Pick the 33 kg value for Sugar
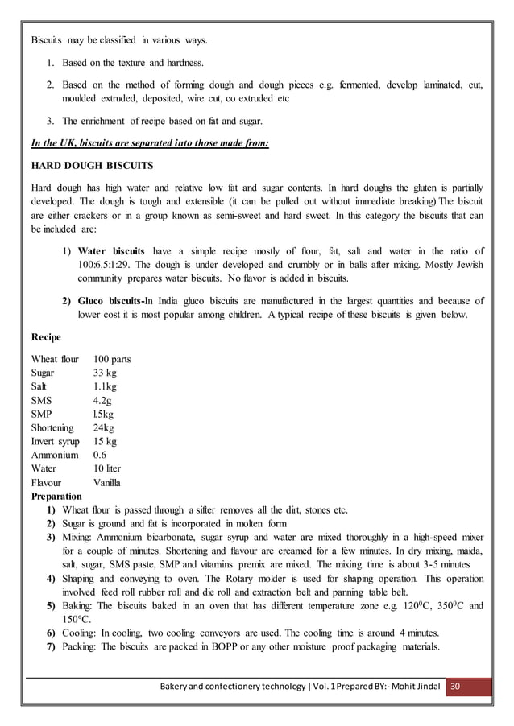pos(105,373)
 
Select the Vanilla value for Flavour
pos(107,483)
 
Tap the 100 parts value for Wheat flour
pos(112,359)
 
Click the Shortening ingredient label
pos(52,428)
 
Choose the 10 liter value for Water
pos(107,469)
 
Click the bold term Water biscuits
pos(112,251)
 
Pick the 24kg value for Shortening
pos(103,428)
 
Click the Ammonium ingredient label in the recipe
pos(55,456)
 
